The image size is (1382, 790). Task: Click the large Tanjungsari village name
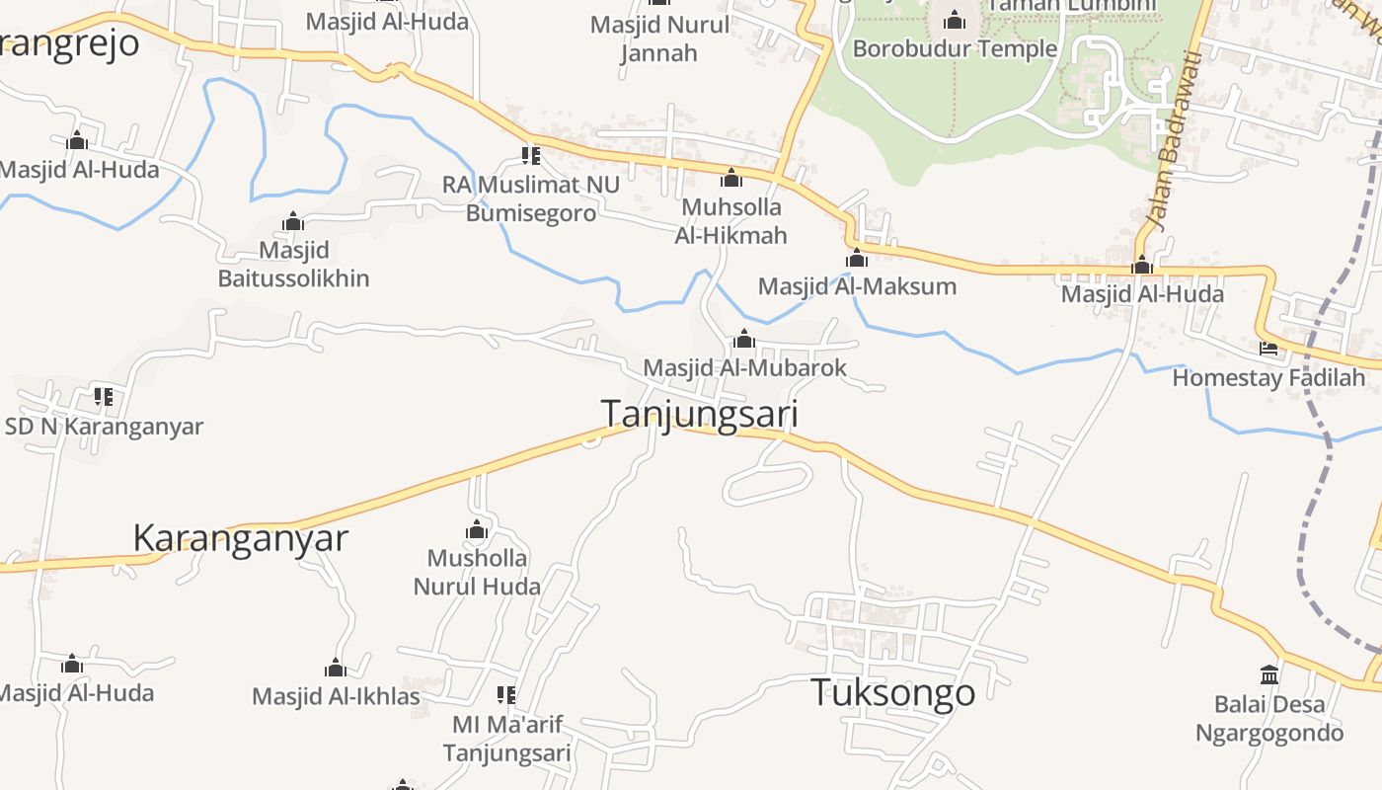point(700,414)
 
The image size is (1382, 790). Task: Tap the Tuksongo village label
point(892,692)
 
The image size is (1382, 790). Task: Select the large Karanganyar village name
point(241,538)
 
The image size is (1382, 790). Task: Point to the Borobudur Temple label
point(955,48)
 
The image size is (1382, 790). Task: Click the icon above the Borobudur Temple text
point(955,20)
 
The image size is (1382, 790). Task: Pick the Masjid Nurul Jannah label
point(659,39)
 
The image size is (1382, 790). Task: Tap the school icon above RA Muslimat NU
point(531,156)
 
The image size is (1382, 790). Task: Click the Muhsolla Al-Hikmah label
point(731,221)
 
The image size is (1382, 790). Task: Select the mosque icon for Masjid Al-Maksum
point(857,259)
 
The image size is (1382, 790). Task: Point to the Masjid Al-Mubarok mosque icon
point(744,341)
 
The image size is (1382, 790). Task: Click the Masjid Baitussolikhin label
point(293,264)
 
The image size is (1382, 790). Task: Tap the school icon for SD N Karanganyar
point(104,398)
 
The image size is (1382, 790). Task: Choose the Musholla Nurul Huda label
point(477,572)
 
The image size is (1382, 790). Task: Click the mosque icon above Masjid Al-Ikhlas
point(336,669)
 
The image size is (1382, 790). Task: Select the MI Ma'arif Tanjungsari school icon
point(506,695)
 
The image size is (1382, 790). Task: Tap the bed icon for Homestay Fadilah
point(1268,349)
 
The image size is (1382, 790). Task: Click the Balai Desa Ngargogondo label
point(1269,719)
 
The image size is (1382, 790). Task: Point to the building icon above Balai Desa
point(1269,675)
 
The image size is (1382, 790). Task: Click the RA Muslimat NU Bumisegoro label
point(531,198)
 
